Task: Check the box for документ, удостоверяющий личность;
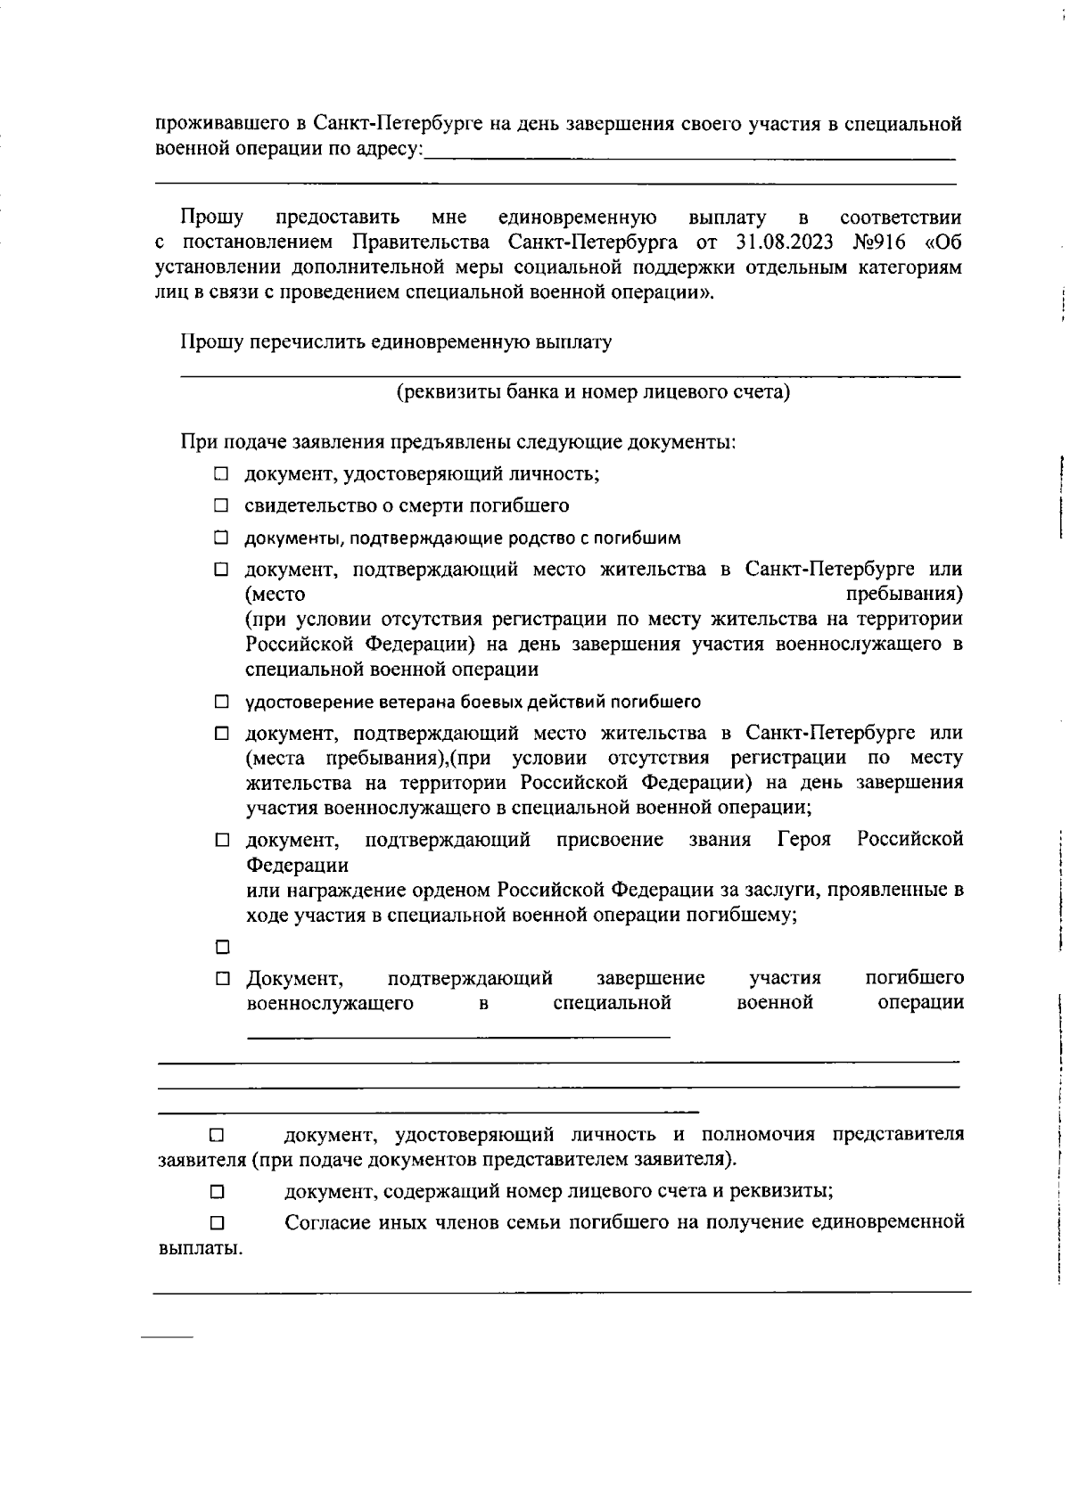coord(221,474)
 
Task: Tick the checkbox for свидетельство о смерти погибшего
coord(221,506)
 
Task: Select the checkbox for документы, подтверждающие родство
coord(221,538)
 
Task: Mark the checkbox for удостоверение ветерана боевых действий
coord(221,703)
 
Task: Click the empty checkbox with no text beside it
coord(221,946)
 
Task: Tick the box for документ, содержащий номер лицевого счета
coord(217,1192)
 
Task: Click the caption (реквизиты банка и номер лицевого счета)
coord(593,392)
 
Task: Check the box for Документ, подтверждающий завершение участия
coord(221,979)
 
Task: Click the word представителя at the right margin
coord(898,1135)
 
